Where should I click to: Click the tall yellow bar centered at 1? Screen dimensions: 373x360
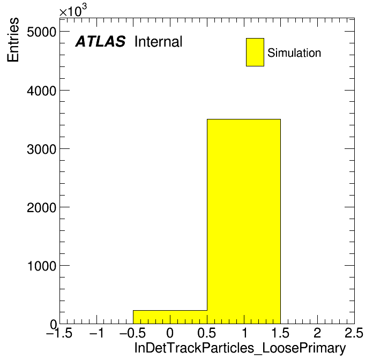tap(244, 221)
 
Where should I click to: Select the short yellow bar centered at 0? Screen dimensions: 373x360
tap(170, 317)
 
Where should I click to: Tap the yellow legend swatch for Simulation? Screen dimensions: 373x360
tap(255, 52)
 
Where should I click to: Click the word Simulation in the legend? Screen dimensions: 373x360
tap(294, 52)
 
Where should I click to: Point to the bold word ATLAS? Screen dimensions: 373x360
tap(100, 41)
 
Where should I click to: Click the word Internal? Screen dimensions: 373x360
tap(159, 41)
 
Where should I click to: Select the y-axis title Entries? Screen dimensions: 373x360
tap(13, 40)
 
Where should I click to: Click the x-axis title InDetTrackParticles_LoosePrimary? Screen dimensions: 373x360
tap(240, 348)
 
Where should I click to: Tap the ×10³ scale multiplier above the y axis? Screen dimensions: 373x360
tap(73, 11)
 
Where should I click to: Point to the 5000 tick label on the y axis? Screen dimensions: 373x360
tap(42, 32)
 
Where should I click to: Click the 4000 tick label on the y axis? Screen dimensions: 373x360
tap(42, 91)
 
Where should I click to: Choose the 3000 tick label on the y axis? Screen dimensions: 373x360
tap(42, 149)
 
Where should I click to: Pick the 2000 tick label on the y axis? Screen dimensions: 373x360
tap(42, 207)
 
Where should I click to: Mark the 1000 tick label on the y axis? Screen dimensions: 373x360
tap(42, 266)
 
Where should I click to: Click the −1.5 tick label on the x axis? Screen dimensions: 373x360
tap(59, 333)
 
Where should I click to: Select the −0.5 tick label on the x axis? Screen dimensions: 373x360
tap(133, 333)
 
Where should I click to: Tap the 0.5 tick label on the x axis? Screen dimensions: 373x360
tap(207, 333)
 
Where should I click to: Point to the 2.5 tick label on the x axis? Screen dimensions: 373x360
tap(354, 333)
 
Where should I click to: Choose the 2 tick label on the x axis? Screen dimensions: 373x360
tap(317, 333)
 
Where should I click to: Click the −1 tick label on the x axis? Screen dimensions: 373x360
tap(96, 333)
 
